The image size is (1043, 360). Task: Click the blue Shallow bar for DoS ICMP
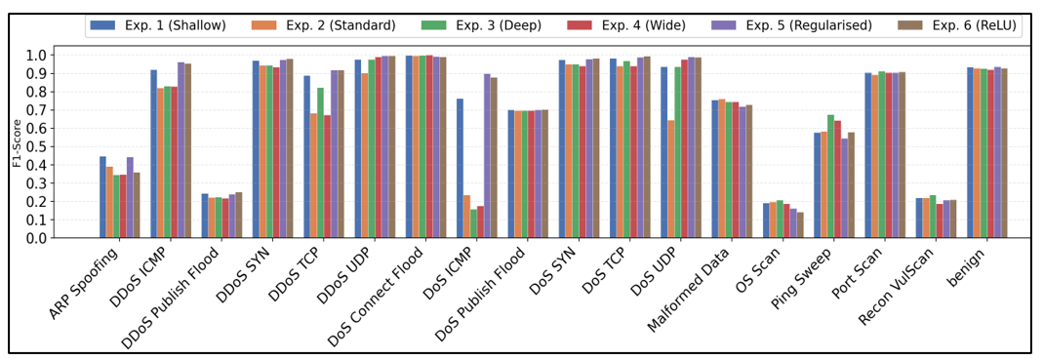pyautogui.click(x=461, y=168)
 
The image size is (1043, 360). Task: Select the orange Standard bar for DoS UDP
pyautogui.click(x=671, y=179)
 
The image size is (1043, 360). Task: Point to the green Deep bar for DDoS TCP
pyautogui.click(x=321, y=163)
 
